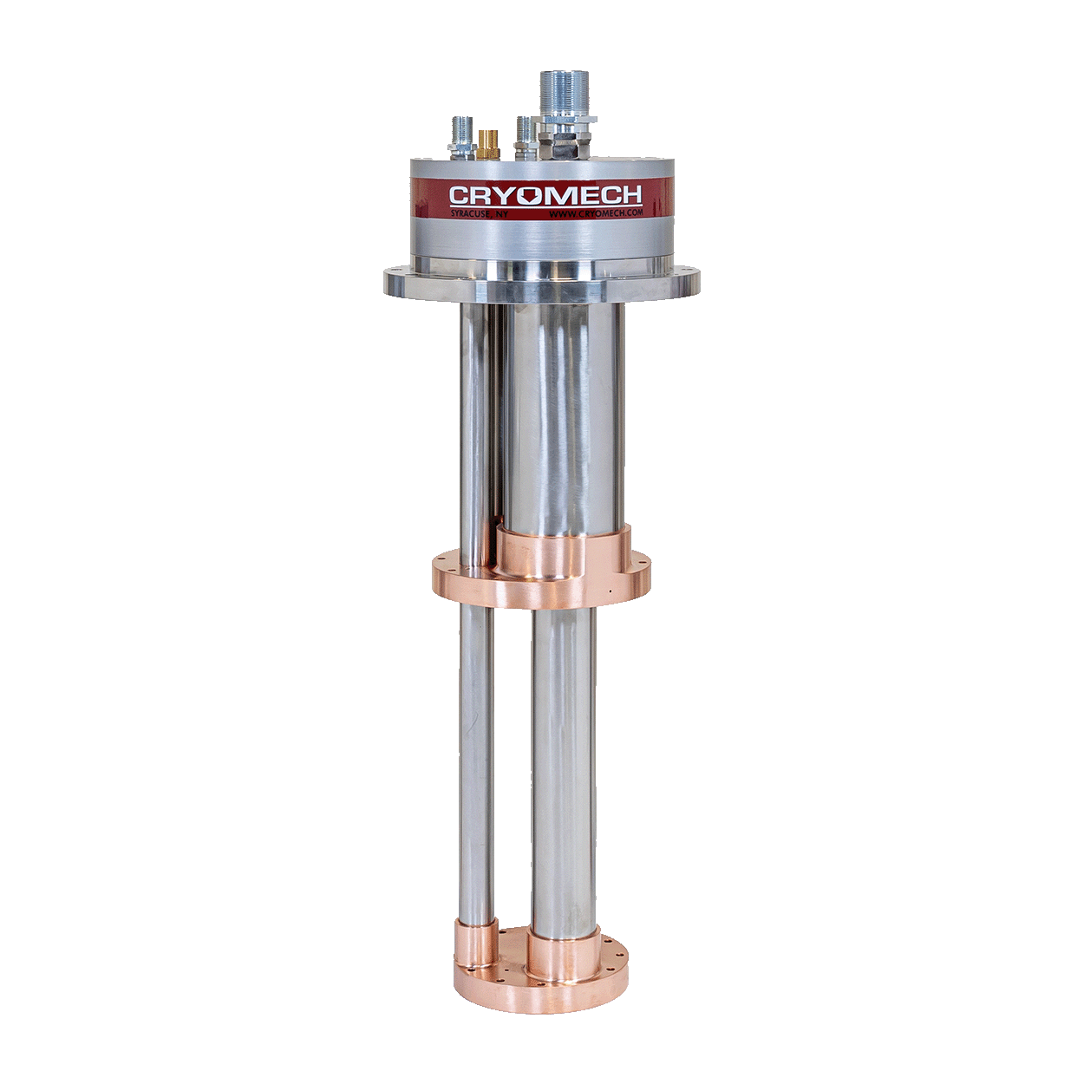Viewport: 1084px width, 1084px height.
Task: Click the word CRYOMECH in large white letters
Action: click(x=545, y=194)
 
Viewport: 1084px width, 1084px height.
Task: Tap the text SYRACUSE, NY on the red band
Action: click(x=479, y=213)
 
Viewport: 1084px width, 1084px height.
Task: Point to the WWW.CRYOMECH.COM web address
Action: click(x=596, y=212)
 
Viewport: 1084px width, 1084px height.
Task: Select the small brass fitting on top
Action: click(x=488, y=143)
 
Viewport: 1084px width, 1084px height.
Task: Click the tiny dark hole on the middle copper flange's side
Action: click(x=609, y=592)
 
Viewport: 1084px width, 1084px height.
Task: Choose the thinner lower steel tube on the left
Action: click(x=476, y=763)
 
